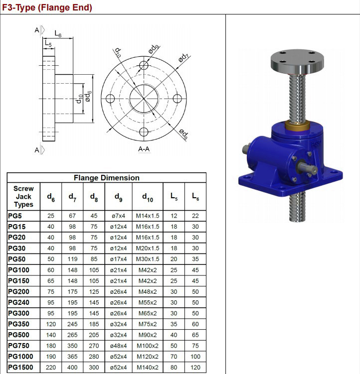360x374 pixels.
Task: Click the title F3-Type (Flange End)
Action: [x=46, y=7]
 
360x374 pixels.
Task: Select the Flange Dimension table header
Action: [x=106, y=178]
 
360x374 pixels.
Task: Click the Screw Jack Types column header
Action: [x=23, y=197]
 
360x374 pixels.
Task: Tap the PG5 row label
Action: [x=15, y=216]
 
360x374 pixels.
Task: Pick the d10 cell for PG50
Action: [x=148, y=259]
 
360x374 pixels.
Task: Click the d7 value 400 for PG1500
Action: [x=72, y=368]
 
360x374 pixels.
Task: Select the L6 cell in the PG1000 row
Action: [x=195, y=357]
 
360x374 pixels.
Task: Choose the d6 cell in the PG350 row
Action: [x=51, y=324]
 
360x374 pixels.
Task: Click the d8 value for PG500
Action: [x=94, y=335]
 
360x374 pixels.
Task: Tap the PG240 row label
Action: [x=19, y=303]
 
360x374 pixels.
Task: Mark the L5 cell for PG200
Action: [x=174, y=292]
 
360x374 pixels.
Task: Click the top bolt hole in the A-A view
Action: [x=144, y=66]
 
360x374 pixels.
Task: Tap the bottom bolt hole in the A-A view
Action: [x=144, y=131]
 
